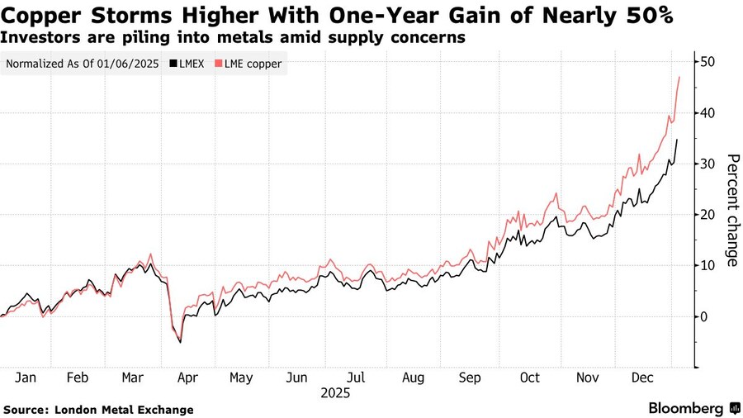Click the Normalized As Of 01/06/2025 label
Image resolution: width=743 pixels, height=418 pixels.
click(83, 64)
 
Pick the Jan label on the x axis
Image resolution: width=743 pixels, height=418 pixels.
click(26, 378)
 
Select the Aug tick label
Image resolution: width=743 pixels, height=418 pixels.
click(412, 378)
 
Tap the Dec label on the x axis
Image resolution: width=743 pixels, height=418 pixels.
click(644, 378)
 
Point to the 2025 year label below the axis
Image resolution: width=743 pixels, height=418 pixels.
click(335, 394)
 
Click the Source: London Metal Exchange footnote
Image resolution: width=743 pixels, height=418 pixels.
click(98, 410)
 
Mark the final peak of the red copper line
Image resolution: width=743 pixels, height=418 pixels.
click(679, 77)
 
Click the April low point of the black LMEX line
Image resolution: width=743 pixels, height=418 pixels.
click(180, 342)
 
